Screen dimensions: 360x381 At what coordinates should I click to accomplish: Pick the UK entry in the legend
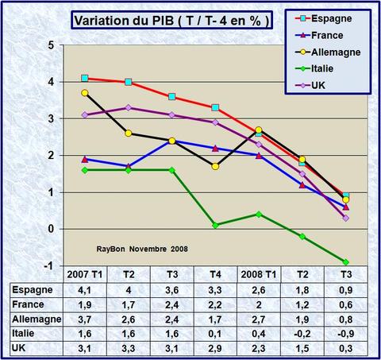(x=319, y=87)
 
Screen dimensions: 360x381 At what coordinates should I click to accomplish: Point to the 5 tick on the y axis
(x=51, y=45)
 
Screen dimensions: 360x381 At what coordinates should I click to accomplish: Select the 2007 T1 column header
(x=83, y=276)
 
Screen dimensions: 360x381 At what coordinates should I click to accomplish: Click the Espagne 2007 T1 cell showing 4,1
(x=83, y=291)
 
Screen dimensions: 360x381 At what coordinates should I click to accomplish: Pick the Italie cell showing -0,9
(x=344, y=333)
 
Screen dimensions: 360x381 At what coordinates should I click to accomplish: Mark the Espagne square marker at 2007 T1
(x=85, y=78)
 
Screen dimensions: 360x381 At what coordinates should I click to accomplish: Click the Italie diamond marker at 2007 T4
(x=216, y=225)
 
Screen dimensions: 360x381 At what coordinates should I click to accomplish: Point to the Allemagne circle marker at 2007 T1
(x=85, y=93)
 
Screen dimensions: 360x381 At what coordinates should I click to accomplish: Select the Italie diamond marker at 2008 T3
(x=345, y=261)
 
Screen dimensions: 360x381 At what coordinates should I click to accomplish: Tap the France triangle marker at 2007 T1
(x=85, y=159)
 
